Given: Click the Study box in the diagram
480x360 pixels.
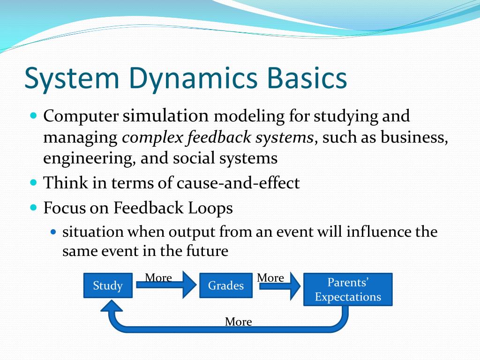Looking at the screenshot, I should [x=108, y=285].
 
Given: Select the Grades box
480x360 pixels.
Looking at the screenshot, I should [x=226, y=285].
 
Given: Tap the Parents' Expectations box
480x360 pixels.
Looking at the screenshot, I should [x=348, y=290].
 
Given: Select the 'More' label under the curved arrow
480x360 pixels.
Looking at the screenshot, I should [x=238, y=322].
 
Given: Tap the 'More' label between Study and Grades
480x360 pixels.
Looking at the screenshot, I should [x=158, y=277].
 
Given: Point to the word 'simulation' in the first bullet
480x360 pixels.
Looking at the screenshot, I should [x=165, y=115].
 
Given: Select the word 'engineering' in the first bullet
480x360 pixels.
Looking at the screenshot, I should [x=89, y=158].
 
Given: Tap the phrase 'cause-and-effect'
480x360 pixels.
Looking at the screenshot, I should [x=238, y=183].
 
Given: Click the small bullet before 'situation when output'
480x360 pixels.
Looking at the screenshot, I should [x=53, y=232].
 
